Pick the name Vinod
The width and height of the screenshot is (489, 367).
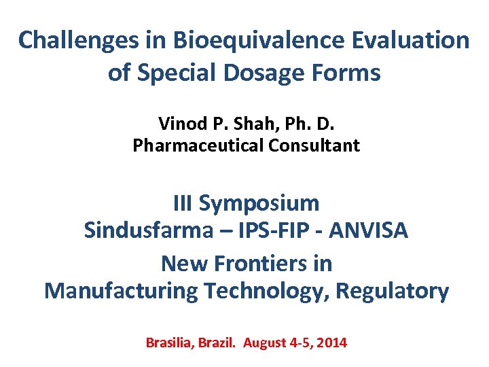[179, 124]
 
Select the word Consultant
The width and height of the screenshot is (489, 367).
[320, 145]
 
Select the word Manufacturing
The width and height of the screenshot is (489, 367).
[122, 292]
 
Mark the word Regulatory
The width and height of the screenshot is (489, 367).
[395, 292]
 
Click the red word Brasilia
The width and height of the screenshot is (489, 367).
[170, 343]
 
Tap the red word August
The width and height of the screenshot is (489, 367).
[266, 343]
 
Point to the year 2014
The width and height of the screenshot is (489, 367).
[331, 343]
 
